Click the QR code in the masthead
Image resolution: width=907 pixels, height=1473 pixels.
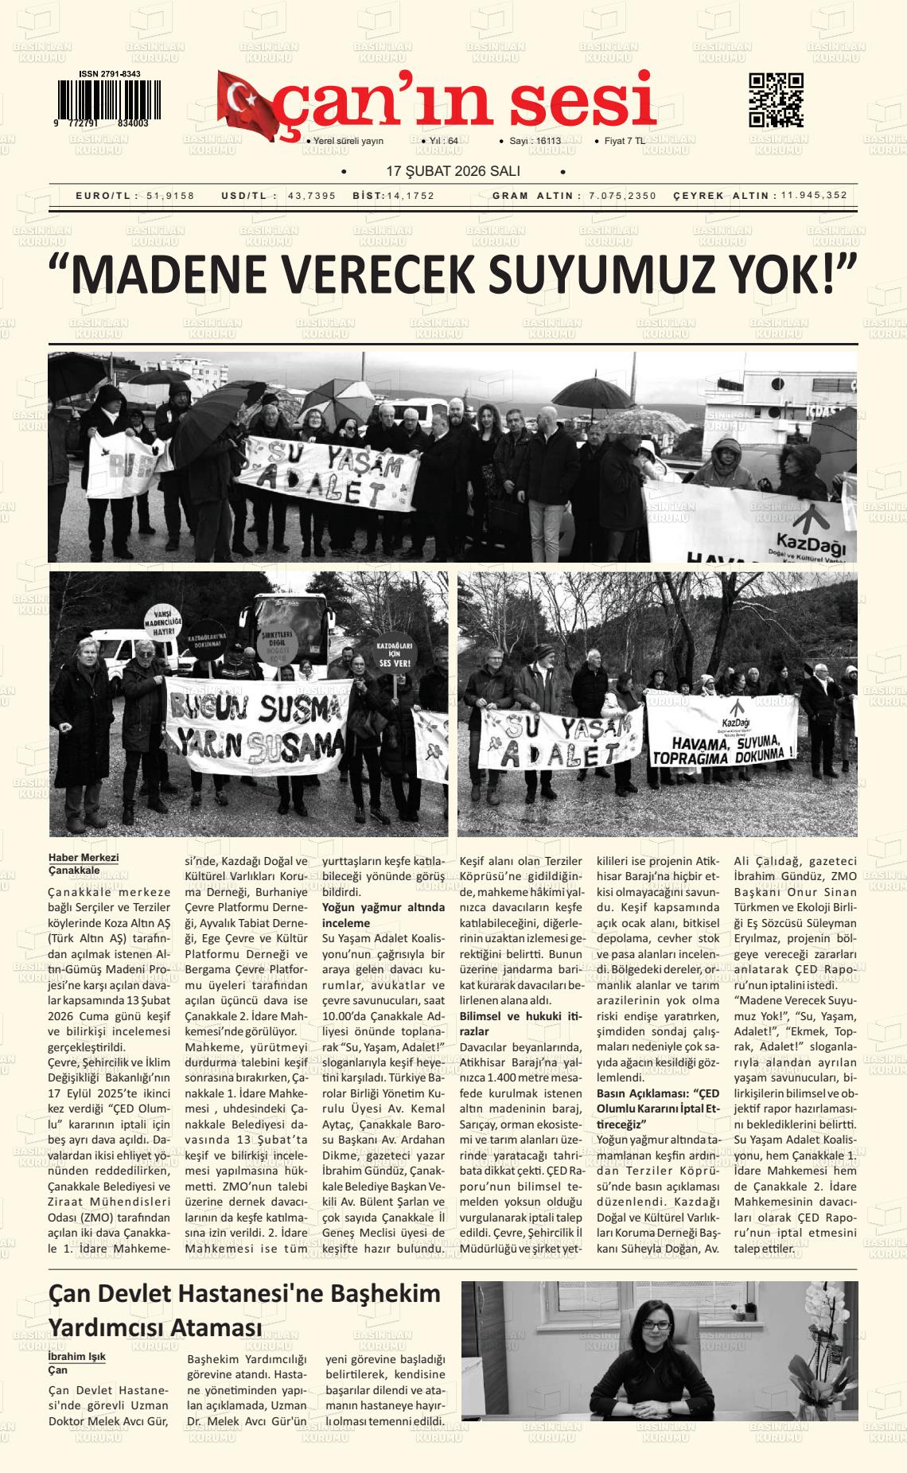click(x=776, y=100)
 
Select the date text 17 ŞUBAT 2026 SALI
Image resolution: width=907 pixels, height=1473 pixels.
click(x=453, y=172)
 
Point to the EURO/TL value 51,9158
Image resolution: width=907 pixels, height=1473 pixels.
click(x=170, y=196)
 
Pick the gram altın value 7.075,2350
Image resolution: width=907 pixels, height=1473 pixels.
click(x=623, y=196)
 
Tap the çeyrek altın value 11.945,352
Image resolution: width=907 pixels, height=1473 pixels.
click(x=814, y=196)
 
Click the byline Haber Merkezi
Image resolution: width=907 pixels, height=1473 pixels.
click(x=84, y=857)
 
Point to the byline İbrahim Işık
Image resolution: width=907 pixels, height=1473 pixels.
click(x=77, y=1357)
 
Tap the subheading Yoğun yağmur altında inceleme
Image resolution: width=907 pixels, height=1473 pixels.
click(x=383, y=914)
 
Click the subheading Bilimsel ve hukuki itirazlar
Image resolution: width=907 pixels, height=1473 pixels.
click(x=521, y=1023)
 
